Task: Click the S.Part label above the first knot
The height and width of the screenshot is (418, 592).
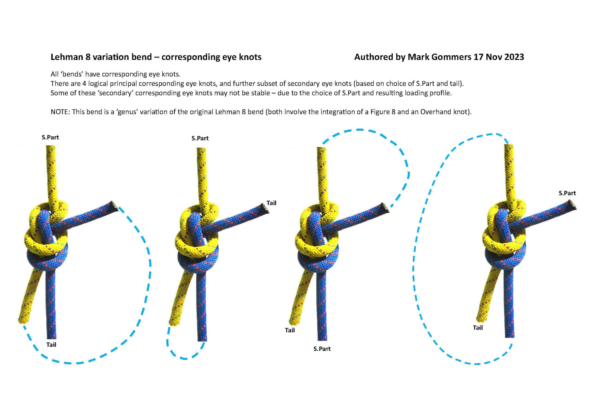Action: (x=50, y=137)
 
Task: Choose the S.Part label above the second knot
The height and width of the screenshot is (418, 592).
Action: (x=200, y=138)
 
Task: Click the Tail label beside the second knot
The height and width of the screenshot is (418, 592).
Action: (x=271, y=203)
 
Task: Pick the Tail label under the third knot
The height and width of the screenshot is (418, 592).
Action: (x=290, y=330)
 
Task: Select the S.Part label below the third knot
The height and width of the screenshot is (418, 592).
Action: (x=322, y=349)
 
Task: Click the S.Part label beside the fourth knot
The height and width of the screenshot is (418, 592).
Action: (x=567, y=193)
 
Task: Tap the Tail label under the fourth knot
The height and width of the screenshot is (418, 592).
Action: (x=478, y=328)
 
